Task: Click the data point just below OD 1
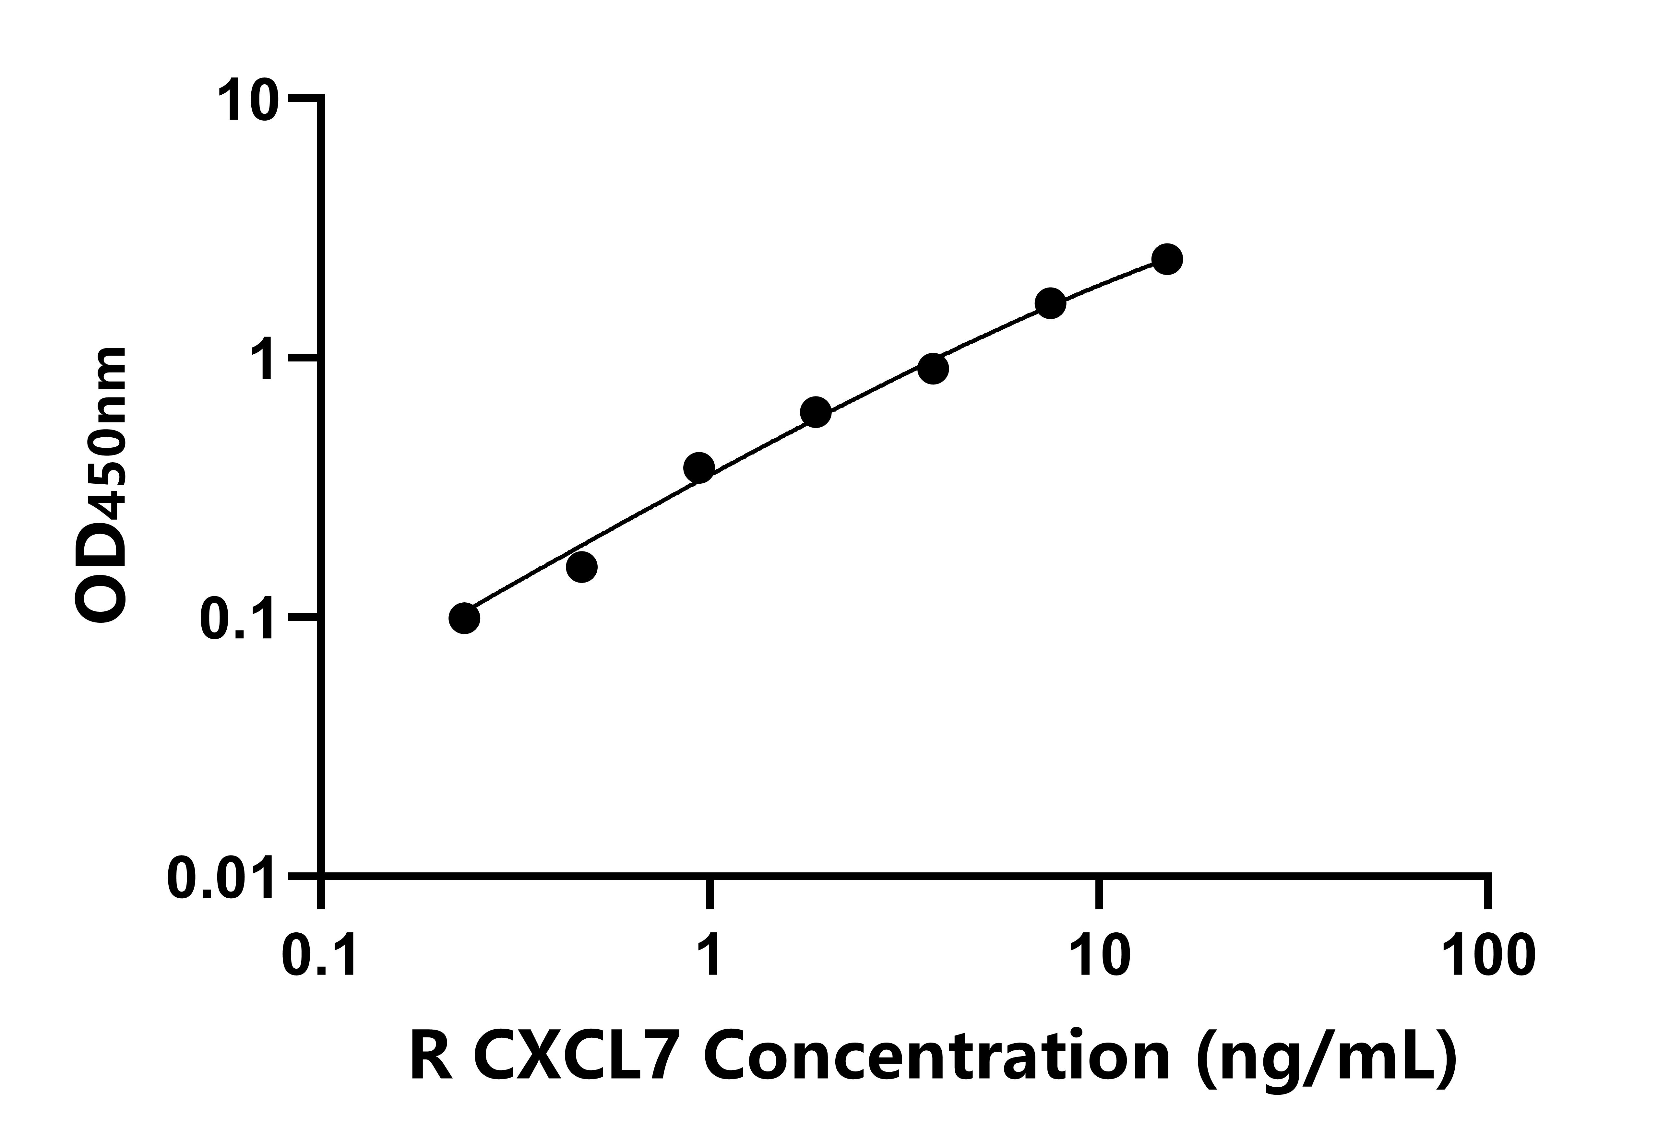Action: pyautogui.click(x=933, y=369)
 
